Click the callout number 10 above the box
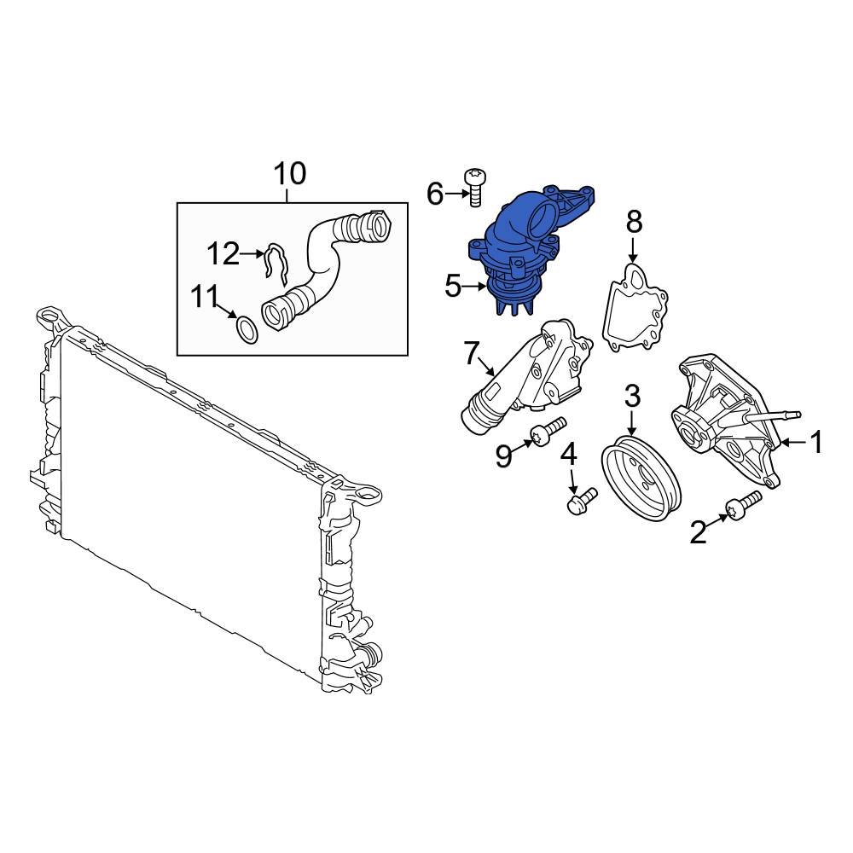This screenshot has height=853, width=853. tap(289, 173)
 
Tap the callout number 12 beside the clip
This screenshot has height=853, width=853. tap(223, 253)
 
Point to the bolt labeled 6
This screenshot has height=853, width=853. tap(476, 186)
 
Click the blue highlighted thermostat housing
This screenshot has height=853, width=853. tap(525, 247)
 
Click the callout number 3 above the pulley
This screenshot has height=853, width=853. tap(632, 396)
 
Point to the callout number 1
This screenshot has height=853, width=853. tap(816, 442)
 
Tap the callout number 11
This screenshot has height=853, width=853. tap(206, 297)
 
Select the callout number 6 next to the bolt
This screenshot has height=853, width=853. tap(435, 195)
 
